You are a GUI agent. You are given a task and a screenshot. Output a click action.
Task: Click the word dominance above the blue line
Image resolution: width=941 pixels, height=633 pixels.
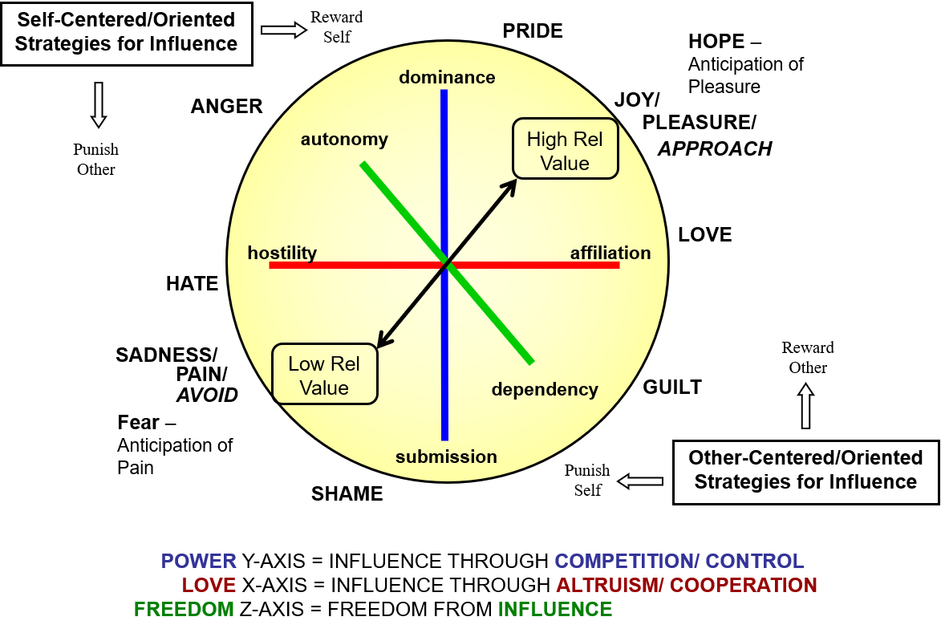point(447,77)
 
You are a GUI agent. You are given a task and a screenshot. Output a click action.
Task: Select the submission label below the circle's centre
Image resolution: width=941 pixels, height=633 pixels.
point(446,456)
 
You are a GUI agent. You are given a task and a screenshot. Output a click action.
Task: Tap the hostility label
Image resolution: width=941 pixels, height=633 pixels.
point(282,253)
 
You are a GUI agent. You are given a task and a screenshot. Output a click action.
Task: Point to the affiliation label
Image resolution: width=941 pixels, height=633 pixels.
point(610,254)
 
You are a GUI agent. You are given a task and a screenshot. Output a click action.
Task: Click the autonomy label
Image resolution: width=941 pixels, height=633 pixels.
point(344,140)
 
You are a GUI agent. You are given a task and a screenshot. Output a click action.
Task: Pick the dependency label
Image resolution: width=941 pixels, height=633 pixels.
point(545,390)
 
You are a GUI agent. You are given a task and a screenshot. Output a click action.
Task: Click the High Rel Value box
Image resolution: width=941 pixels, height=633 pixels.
point(565,149)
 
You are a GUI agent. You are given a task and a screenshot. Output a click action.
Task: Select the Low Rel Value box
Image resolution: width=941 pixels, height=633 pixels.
point(324,375)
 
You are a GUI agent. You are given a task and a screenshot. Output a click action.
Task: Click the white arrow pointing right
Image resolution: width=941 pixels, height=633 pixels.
point(283,30)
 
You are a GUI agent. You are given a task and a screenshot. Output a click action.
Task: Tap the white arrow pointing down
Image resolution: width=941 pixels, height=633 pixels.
point(99,104)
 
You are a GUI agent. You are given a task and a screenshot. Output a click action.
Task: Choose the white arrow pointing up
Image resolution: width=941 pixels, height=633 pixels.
point(805,406)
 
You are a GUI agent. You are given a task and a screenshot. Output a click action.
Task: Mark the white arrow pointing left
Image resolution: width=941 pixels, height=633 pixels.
point(640,481)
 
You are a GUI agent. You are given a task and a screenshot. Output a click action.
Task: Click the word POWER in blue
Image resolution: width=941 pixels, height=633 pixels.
point(199,562)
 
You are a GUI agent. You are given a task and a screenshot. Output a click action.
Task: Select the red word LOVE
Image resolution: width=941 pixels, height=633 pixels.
point(209,586)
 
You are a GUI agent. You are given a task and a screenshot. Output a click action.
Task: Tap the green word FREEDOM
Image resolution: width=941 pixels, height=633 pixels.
point(184,610)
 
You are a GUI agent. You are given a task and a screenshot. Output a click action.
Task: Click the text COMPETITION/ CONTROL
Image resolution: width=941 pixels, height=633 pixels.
point(679,562)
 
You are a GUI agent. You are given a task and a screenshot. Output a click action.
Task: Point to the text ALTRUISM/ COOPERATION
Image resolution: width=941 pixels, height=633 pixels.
point(687,586)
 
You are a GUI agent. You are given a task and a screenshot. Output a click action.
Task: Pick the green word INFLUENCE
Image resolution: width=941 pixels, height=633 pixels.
point(555,610)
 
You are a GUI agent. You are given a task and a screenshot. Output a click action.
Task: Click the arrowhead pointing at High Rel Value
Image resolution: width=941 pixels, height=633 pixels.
point(510,185)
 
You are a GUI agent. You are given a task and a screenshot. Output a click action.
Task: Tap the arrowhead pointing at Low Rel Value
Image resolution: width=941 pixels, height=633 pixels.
point(383,343)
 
